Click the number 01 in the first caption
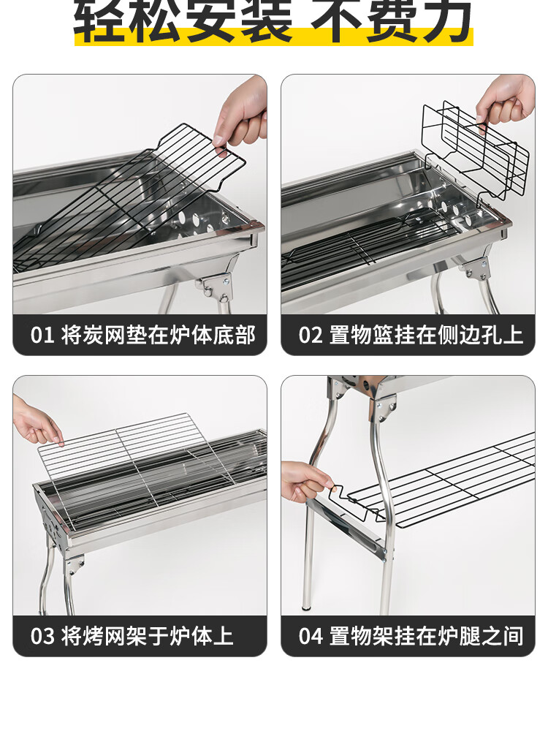[x=42, y=336]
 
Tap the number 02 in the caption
[x=311, y=336]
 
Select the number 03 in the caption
[x=42, y=636]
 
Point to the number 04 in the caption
[x=311, y=636]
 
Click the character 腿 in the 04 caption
[x=469, y=636]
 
